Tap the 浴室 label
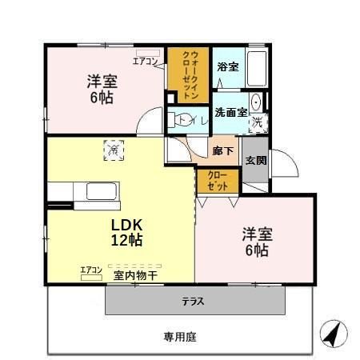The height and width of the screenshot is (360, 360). [227, 66]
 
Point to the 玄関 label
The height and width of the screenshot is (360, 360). [256, 160]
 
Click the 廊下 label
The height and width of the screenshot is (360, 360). [223, 150]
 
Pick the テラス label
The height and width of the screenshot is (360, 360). [193, 302]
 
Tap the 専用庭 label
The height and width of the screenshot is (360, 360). [180, 337]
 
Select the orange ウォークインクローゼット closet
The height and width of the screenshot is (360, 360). [186, 74]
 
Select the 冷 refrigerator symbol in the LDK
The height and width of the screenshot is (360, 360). [114, 150]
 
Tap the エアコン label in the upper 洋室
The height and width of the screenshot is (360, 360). [146, 60]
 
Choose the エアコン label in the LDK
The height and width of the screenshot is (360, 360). [91, 270]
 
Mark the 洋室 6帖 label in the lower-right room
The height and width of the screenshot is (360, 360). [258, 242]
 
